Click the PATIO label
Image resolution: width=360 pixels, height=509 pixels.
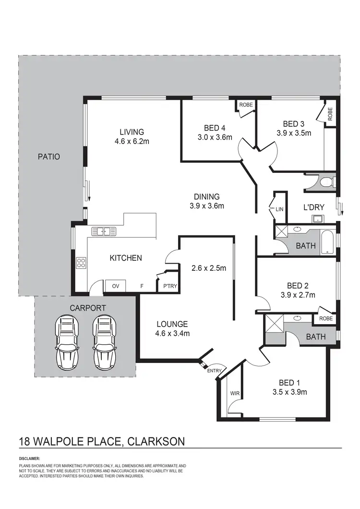pos(48,157)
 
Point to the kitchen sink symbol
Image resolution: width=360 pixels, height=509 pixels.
pos(104,231)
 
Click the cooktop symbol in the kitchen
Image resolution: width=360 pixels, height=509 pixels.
pos(81,263)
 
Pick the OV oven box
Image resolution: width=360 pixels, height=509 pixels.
pos(115,286)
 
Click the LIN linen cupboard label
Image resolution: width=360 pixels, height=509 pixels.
pos(280,209)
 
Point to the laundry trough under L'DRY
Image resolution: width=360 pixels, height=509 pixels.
pos(317,219)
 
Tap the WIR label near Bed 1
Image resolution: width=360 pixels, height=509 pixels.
pos(235,394)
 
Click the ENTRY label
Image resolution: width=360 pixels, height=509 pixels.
pos(214,371)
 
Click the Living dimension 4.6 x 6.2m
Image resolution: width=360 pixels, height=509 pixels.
pos(132,141)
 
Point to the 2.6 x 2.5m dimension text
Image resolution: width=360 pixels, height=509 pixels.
pos(208,268)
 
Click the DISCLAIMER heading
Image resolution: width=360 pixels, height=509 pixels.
pos(30,459)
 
